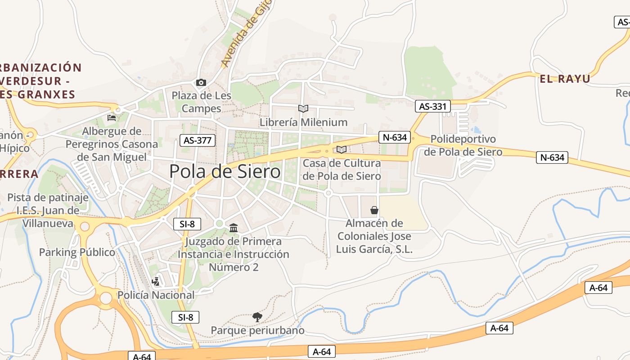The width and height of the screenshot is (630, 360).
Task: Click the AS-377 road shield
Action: point(198,140)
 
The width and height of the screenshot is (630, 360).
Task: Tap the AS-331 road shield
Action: point(432,106)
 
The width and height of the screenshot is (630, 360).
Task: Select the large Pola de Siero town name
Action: point(225,172)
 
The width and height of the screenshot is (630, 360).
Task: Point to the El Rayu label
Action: point(565,79)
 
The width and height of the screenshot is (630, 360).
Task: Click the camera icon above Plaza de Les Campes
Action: point(201,82)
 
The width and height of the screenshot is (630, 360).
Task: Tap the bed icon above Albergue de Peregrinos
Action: point(112,118)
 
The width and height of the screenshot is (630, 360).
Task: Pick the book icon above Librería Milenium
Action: point(303,108)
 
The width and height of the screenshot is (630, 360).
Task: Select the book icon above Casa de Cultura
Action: point(342,149)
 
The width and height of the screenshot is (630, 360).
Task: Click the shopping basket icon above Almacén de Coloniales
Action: point(374,210)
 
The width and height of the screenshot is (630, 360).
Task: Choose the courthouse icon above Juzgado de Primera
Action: point(234,228)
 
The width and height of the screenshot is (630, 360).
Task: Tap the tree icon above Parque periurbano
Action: point(257,317)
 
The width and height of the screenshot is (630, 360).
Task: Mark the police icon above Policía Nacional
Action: point(156,282)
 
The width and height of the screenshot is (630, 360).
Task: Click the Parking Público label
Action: point(77,252)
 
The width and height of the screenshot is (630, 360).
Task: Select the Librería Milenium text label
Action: point(303,122)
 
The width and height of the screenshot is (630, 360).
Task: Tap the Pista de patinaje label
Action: point(48,198)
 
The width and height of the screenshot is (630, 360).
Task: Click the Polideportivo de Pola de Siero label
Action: point(463,145)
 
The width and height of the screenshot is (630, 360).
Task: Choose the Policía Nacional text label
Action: point(156,295)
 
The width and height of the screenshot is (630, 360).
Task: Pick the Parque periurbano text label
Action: point(257,331)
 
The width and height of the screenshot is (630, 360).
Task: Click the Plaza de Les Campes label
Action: point(202,102)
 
